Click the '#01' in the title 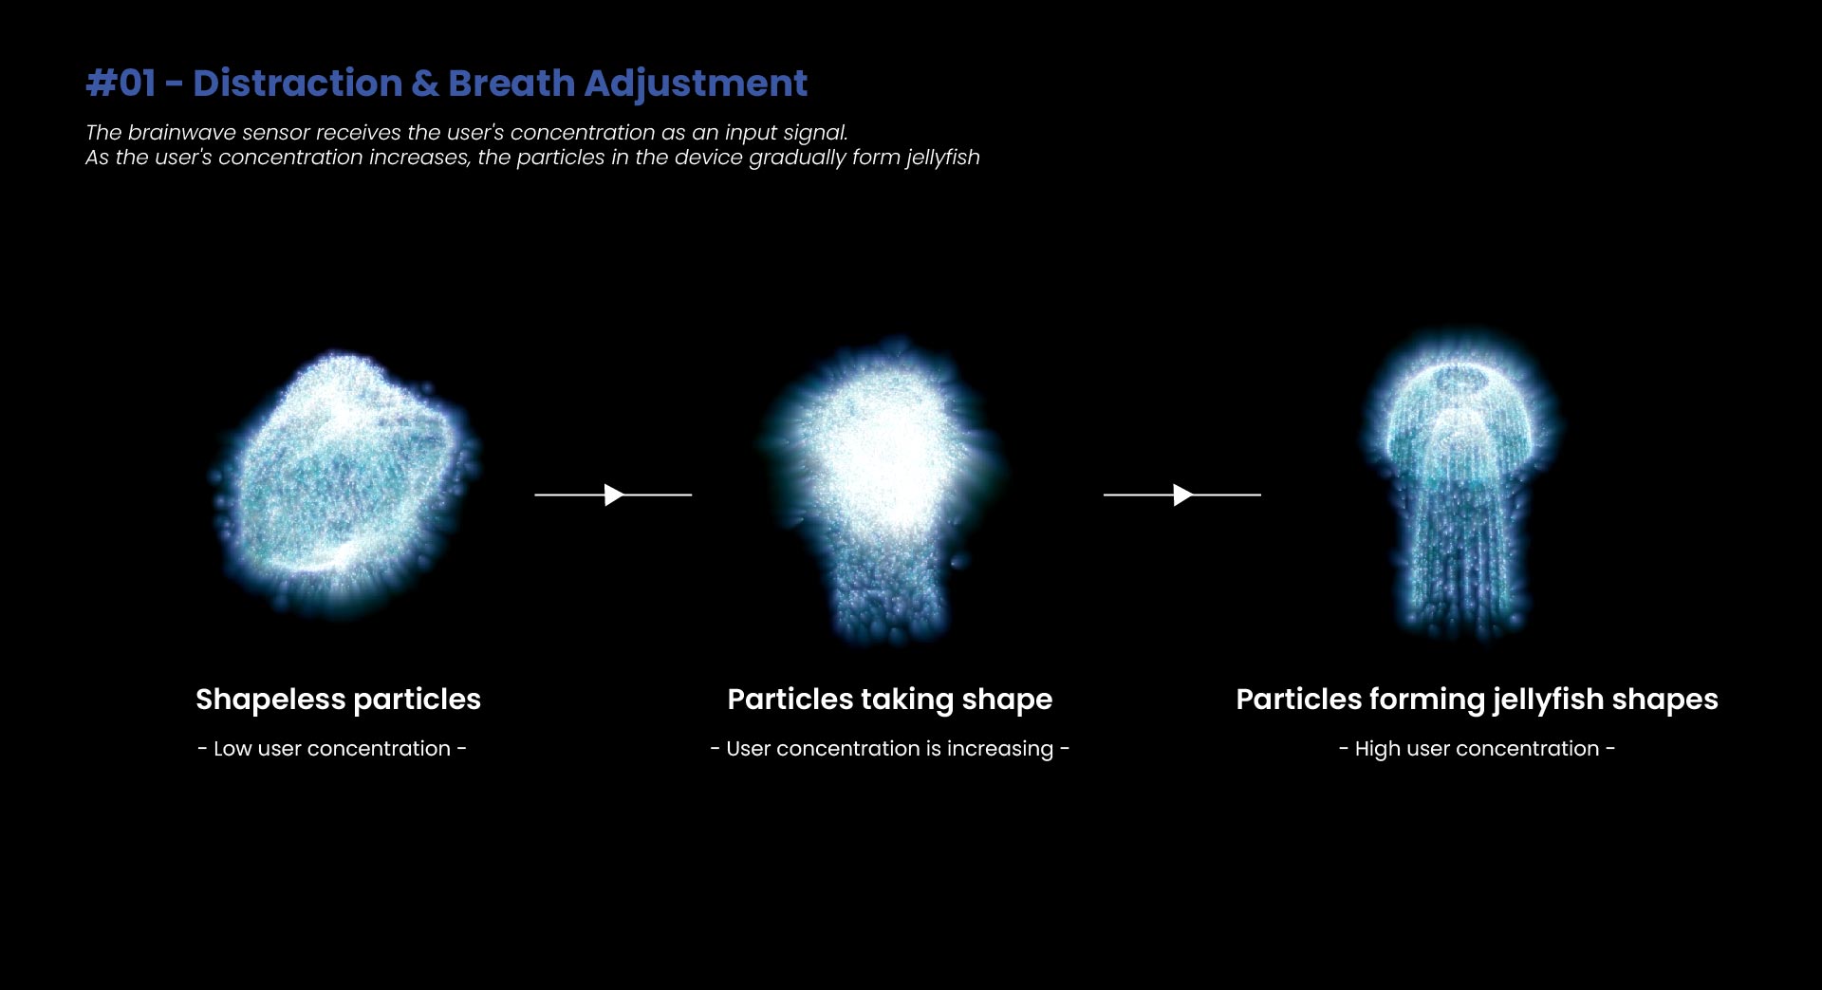click(121, 84)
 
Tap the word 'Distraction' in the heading click(297, 84)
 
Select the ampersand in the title click(425, 84)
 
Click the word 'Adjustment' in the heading click(696, 84)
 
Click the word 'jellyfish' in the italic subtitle click(942, 158)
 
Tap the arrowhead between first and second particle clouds click(614, 495)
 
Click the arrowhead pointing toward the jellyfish click(1182, 495)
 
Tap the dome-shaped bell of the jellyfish click(1459, 408)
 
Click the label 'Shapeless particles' click(338, 700)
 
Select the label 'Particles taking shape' click(890, 700)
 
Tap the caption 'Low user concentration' click(332, 748)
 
